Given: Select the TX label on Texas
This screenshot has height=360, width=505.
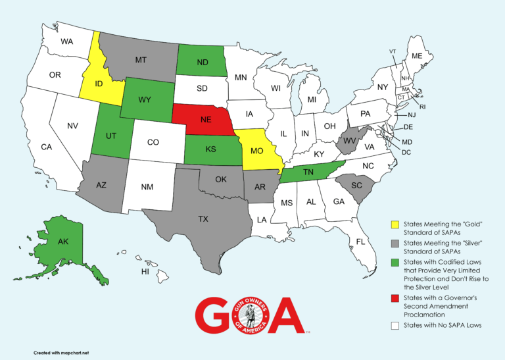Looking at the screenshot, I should point(203,219).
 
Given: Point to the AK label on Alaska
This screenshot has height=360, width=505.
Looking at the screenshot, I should point(63,242).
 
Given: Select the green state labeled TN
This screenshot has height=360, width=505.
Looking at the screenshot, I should point(306,172).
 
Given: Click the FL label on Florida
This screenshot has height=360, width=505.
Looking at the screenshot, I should point(360,242).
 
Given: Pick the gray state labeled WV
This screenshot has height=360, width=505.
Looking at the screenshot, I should point(347,140).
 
